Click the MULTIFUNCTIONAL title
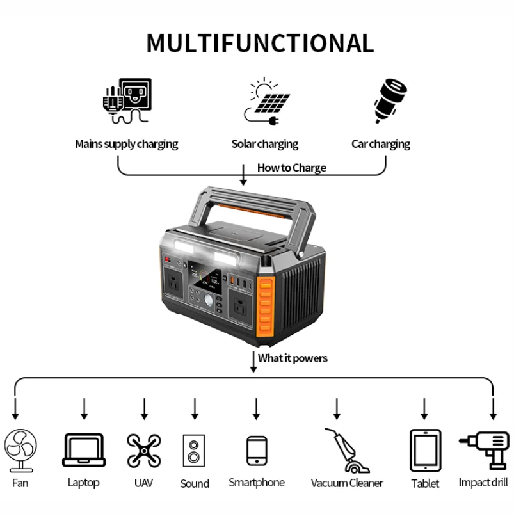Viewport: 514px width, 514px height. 259,43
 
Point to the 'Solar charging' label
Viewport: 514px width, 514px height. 264,144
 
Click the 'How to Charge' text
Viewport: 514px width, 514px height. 291,168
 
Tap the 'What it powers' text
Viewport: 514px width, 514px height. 293,358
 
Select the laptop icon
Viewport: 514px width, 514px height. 83,450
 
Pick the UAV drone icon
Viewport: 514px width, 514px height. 143,449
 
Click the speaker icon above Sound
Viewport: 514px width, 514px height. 194,453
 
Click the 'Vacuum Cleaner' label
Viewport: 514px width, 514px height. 347,483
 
